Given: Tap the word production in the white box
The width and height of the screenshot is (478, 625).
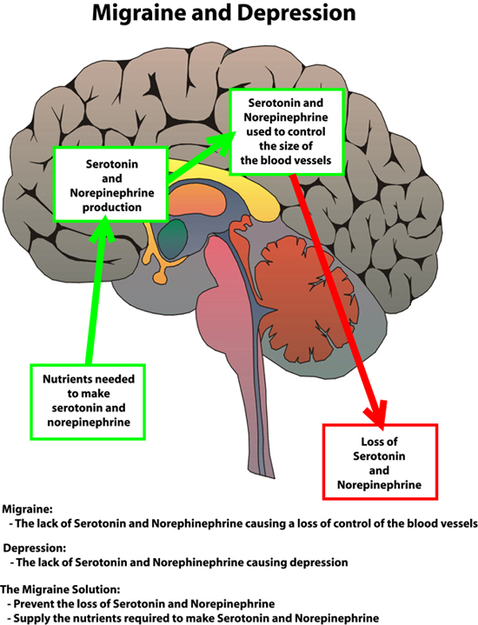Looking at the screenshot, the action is click(x=111, y=208).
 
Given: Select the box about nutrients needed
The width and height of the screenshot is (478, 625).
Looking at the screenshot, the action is click(x=88, y=402).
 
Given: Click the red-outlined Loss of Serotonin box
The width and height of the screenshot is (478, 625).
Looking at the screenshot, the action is click(x=380, y=462).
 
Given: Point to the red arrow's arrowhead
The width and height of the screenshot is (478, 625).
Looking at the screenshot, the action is click(x=375, y=416).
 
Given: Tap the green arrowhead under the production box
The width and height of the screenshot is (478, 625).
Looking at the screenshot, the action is click(x=103, y=229).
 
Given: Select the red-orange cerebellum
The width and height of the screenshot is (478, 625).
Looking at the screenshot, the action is click(x=307, y=299).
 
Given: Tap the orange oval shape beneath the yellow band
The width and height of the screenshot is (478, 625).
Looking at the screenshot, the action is click(x=199, y=199).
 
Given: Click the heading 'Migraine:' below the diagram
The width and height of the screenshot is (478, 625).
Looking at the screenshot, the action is click(x=27, y=509).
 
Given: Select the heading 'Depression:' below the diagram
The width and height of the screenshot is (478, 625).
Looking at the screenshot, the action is click(x=34, y=549).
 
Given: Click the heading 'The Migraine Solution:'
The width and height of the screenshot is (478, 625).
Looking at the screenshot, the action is click(x=60, y=589).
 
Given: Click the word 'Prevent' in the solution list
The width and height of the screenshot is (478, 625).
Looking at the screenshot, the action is click(x=34, y=603).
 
